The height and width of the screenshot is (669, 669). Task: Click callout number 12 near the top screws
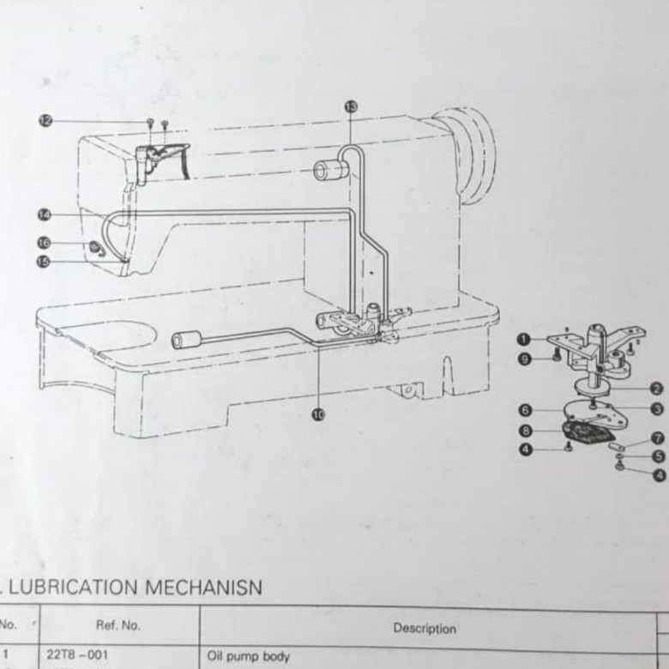45,121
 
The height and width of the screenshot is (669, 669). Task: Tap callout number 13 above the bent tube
350,105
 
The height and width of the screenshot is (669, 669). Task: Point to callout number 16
45,243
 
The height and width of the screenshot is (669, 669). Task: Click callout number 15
44,262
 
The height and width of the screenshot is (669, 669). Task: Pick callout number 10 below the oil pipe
319,414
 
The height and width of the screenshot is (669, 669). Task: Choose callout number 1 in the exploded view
525,341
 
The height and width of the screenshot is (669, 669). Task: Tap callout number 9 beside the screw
525,359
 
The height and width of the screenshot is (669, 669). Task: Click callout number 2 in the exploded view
656,388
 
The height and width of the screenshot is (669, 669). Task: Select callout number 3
656,409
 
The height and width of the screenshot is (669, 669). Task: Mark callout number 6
525,411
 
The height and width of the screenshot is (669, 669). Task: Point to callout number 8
525,430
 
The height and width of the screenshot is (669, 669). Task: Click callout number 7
656,437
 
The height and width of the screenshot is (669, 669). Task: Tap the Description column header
425,628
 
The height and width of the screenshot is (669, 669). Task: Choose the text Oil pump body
248,657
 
